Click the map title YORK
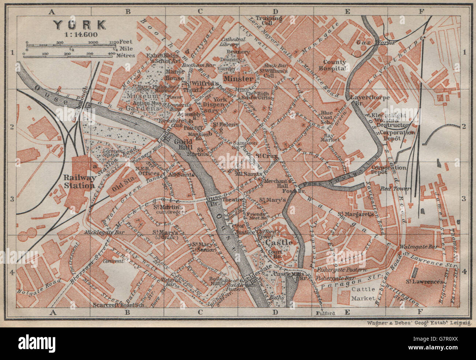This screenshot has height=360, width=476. [79, 25]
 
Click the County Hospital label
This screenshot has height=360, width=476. [334, 65]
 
